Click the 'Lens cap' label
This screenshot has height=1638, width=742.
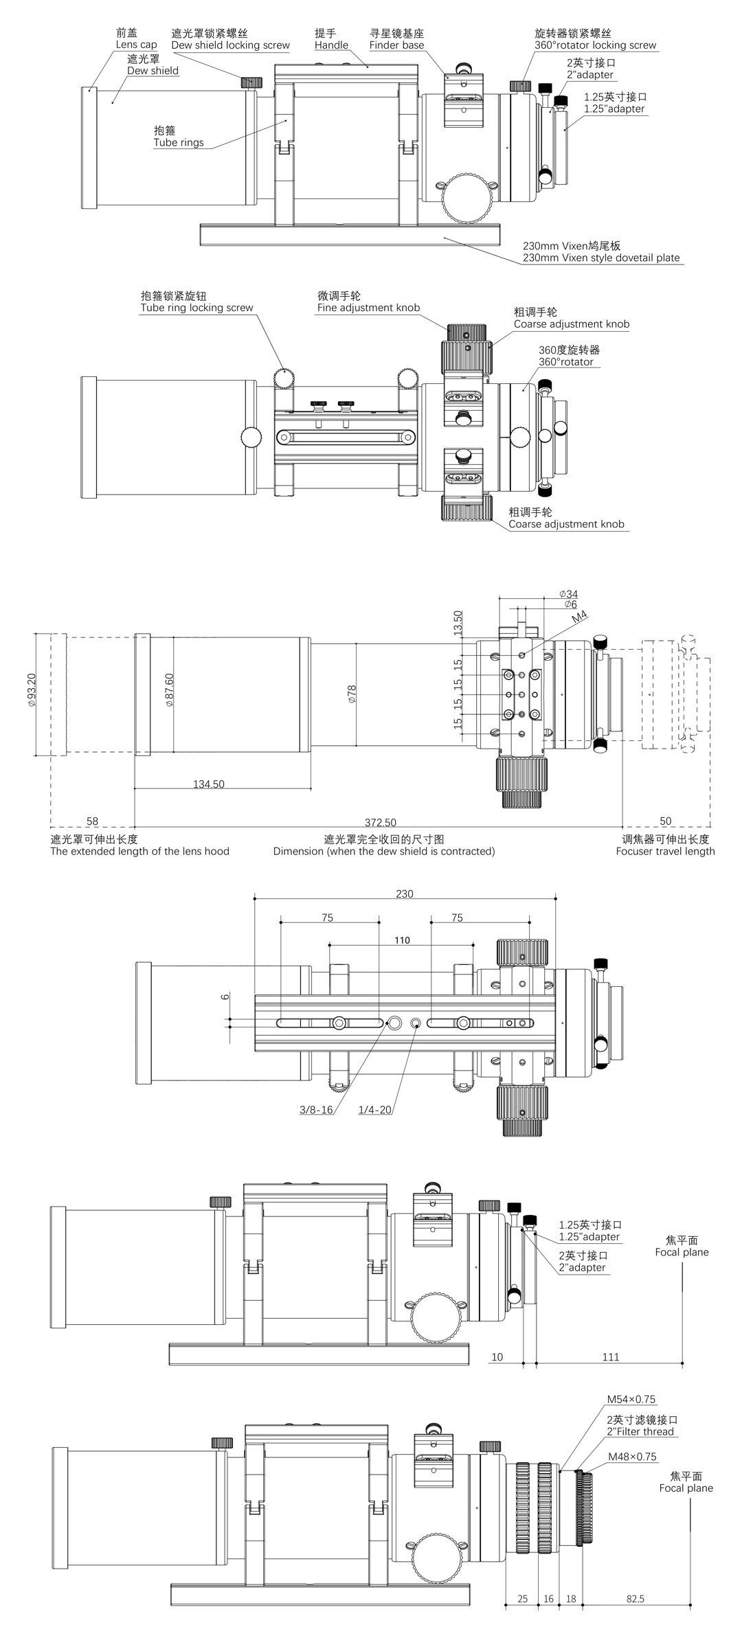(136, 45)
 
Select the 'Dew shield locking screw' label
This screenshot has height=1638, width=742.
(230, 45)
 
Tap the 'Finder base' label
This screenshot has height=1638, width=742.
(396, 45)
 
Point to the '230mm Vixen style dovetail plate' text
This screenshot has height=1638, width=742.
(601, 258)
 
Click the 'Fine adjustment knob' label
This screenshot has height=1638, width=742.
(368, 308)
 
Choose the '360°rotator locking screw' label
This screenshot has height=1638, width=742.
(596, 45)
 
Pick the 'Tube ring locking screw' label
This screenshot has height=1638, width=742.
(196, 308)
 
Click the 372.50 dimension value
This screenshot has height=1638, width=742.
(381, 822)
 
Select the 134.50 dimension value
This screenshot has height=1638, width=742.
(208, 784)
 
